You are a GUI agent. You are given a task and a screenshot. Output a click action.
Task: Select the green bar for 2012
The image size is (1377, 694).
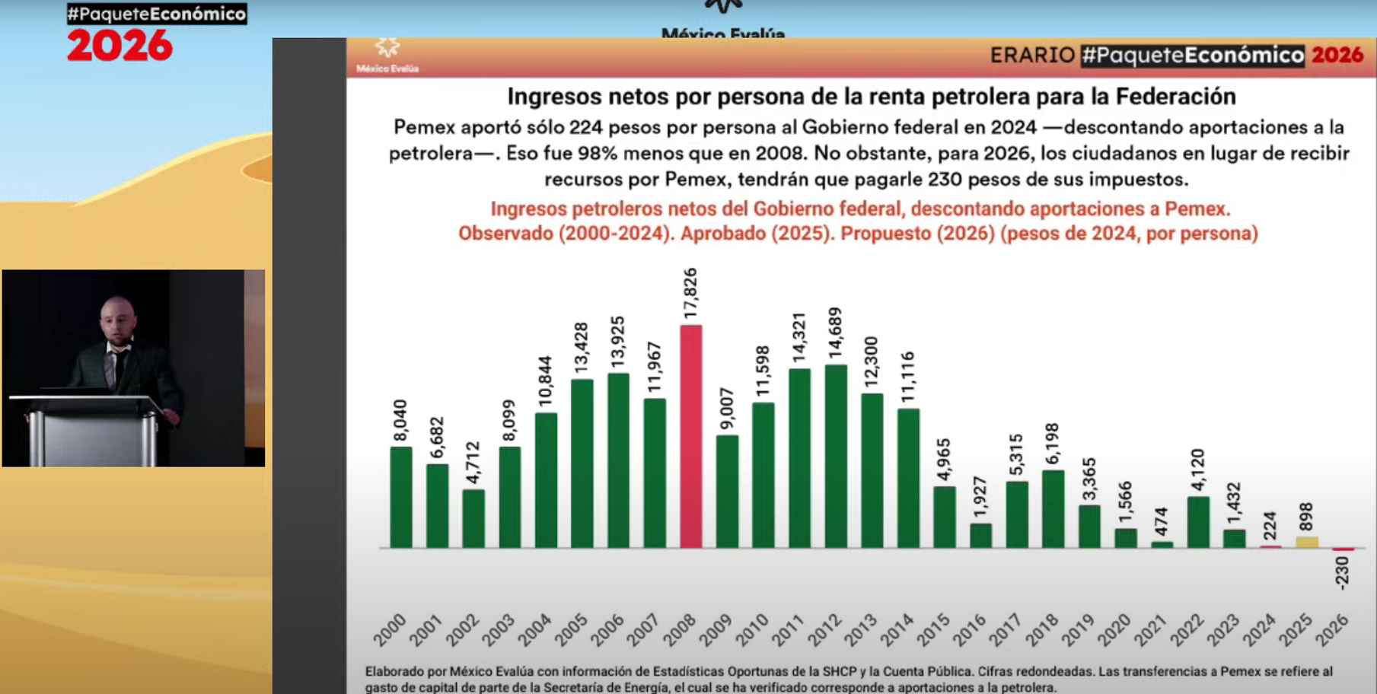836,456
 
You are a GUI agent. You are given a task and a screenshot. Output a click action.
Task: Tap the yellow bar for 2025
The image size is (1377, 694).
1307,542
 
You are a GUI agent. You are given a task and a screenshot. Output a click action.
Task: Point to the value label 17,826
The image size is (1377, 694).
690,294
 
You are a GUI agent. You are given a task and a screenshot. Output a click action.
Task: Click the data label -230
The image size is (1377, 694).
1342,573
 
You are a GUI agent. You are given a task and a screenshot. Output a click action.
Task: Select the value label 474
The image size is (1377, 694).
1161,522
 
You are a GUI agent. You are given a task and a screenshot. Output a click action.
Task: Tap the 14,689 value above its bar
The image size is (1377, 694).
836,333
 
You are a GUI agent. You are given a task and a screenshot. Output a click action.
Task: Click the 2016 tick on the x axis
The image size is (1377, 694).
970,630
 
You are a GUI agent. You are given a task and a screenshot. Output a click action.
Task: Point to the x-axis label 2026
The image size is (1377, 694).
1332,630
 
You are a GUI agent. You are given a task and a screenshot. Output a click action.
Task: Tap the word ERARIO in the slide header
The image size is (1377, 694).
1031,55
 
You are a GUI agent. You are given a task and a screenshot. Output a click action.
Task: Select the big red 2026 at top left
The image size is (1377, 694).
120,46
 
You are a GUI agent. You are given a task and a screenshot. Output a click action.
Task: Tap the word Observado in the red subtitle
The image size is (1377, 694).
505,233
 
